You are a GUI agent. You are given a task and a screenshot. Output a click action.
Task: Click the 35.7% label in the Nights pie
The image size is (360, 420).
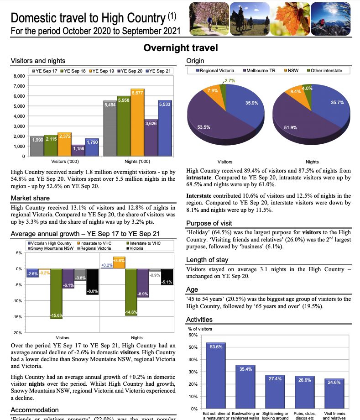coord(337,103)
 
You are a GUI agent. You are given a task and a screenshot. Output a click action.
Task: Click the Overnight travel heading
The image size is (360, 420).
coord(180,48)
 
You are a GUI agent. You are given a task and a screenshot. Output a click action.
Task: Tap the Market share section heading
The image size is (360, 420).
coord(30,198)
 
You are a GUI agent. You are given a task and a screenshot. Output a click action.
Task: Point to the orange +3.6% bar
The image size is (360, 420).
coord(119,263)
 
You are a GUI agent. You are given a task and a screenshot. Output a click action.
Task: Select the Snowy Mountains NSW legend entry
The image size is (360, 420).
coord(50,248)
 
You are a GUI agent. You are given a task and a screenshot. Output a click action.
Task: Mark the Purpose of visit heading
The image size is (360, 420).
coord(209,223)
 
